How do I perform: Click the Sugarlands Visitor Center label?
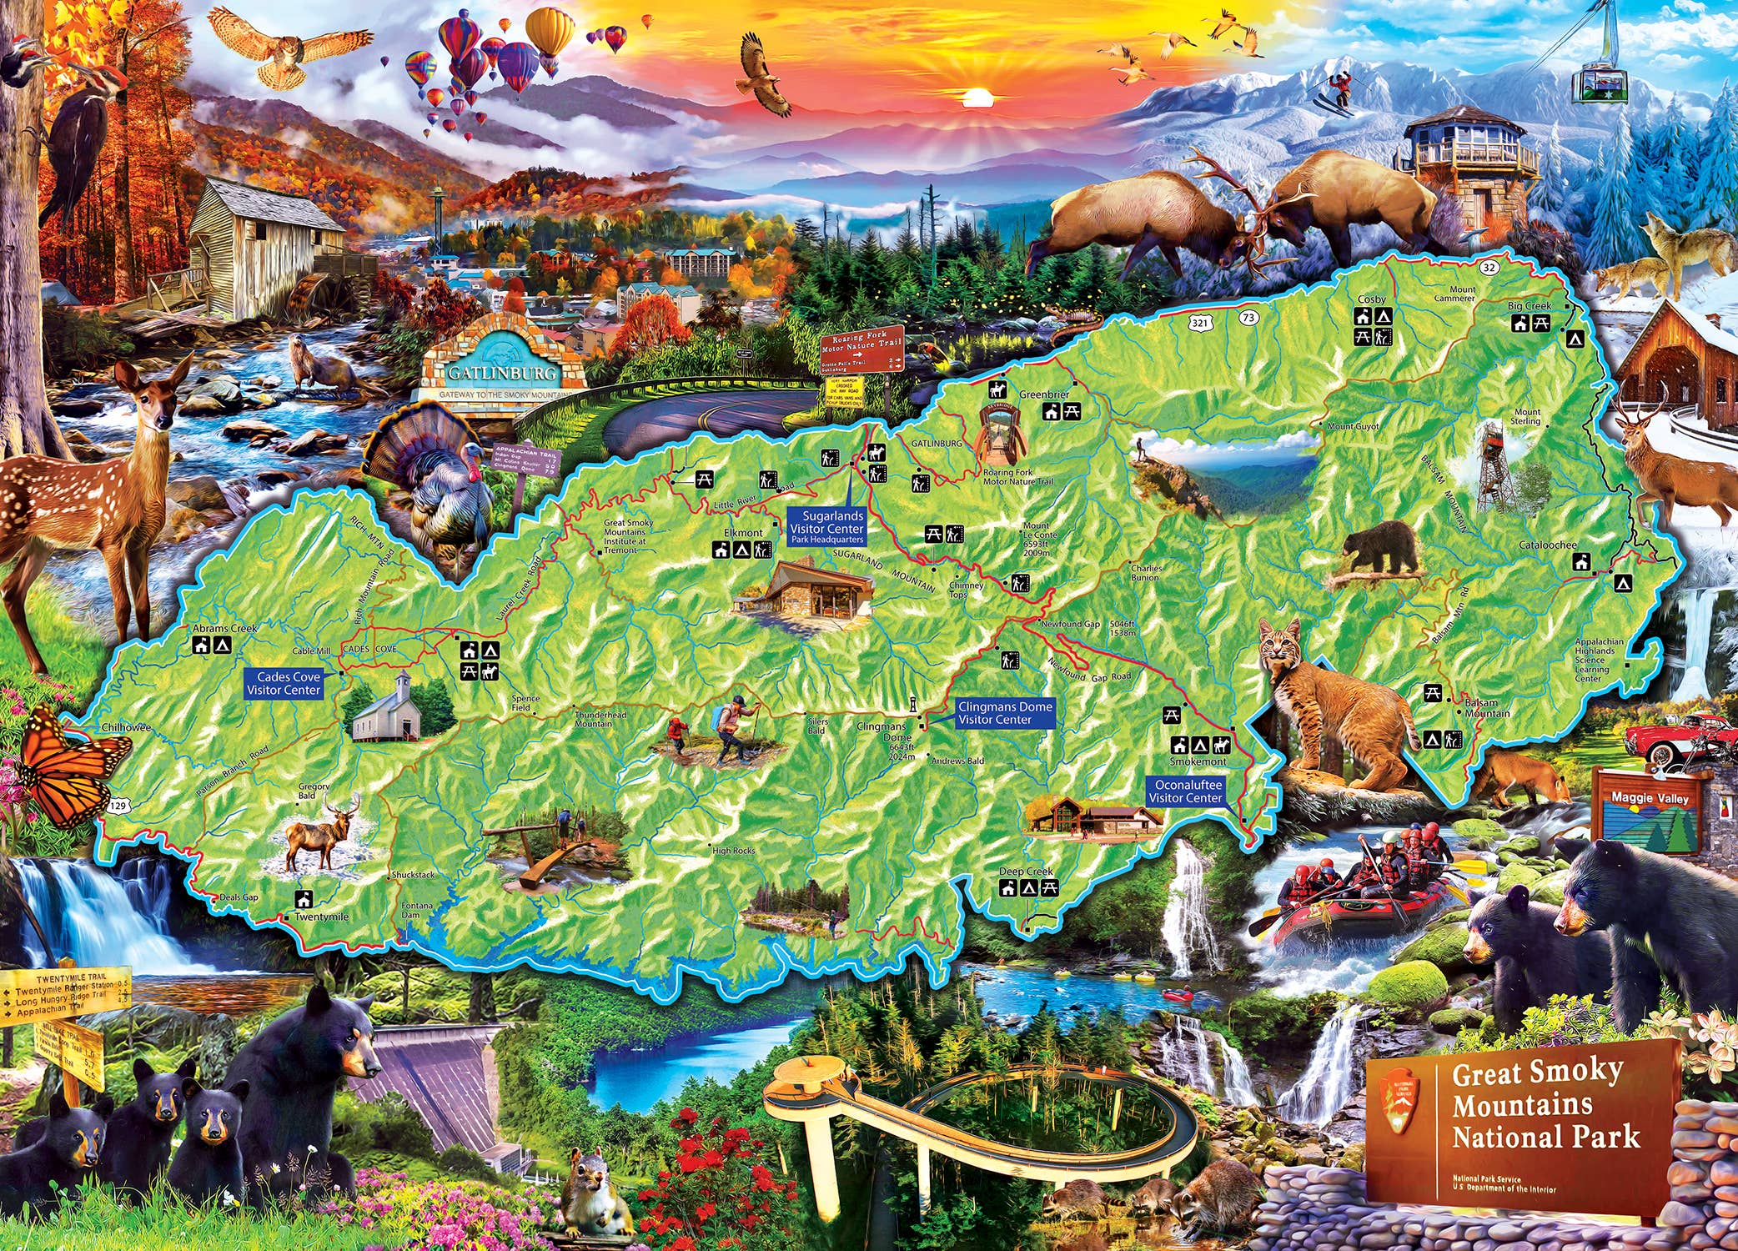coord(826,527)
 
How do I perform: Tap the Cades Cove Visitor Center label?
coord(284,684)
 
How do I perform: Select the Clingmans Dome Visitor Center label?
coord(1004,713)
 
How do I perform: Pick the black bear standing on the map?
coord(1380,548)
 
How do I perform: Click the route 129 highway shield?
coord(119,806)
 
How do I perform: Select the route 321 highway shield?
coord(1199,322)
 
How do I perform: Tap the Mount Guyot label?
coord(1353,427)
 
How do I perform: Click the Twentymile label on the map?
coord(321,917)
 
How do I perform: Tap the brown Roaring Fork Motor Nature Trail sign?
coord(861,349)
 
